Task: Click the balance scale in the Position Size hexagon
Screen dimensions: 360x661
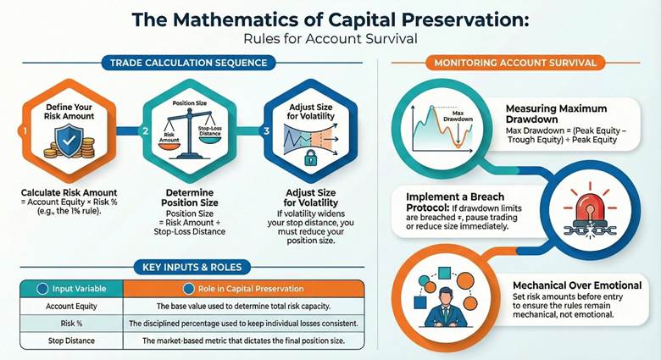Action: click(185, 136)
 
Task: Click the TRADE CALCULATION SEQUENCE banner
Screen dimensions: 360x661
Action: click(186, 62)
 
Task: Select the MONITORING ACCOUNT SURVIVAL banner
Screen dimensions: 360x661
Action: click(516, 63)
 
